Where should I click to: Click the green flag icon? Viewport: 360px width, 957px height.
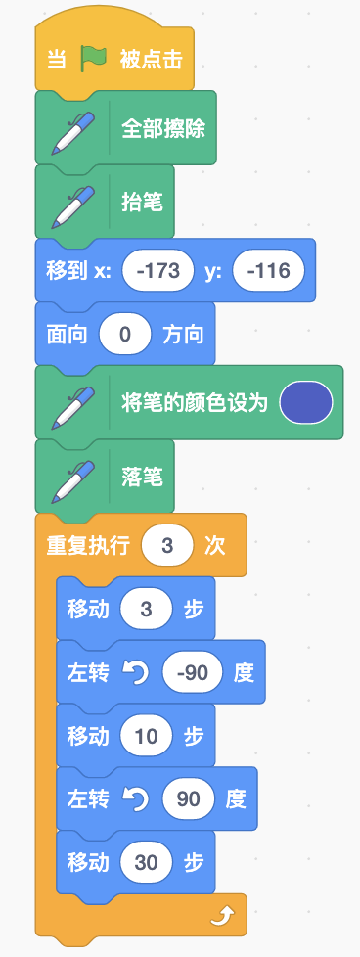[93, 60]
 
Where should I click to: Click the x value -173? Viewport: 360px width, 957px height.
[158, 270]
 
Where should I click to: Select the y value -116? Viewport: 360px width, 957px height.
[268, 270]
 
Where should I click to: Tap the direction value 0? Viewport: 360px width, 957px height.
[125, 335]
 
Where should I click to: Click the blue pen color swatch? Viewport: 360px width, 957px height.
[305, 403]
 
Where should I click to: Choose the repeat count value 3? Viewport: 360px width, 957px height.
[167, 546]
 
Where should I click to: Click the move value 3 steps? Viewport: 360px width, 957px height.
[146, 609]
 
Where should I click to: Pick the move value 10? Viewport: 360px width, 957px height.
[147, 736]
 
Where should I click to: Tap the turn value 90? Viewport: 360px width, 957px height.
[189, 798]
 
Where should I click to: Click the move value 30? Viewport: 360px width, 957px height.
[147, 862]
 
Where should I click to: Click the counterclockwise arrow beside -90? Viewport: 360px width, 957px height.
[135, 672]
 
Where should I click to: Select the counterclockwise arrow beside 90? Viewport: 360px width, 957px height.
[135, 799]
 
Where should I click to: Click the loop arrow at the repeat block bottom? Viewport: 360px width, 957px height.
[221, 914]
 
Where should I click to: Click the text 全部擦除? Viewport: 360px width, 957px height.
[163, 129]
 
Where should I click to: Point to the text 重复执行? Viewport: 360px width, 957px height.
[88, 546]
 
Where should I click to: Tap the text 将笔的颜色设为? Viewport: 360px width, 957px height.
[195, 403]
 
